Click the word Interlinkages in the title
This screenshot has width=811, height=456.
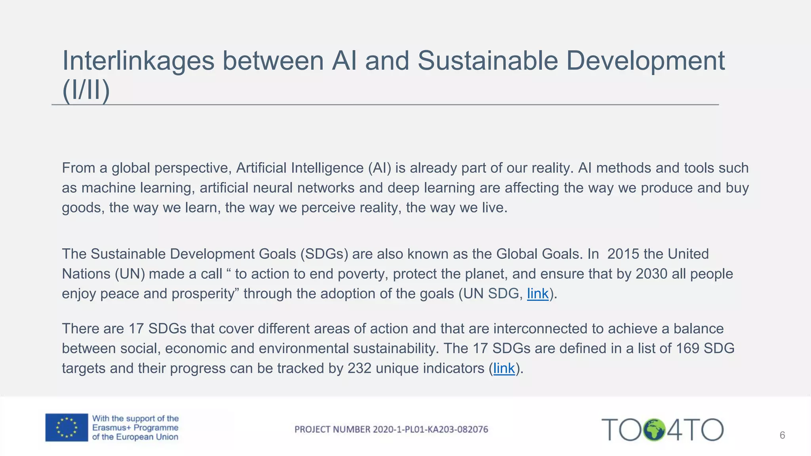138,61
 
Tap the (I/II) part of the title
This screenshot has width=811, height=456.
86,90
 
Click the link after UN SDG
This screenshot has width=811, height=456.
537,294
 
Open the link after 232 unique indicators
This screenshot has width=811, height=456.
504,369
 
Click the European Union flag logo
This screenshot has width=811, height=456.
67,427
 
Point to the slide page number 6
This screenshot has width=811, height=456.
782,435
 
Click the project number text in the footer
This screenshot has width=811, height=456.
391,429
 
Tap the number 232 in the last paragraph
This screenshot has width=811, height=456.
359,369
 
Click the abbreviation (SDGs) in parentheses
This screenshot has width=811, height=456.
324,254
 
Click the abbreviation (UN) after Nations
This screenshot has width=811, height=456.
130,274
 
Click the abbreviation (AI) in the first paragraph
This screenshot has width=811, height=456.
379,168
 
